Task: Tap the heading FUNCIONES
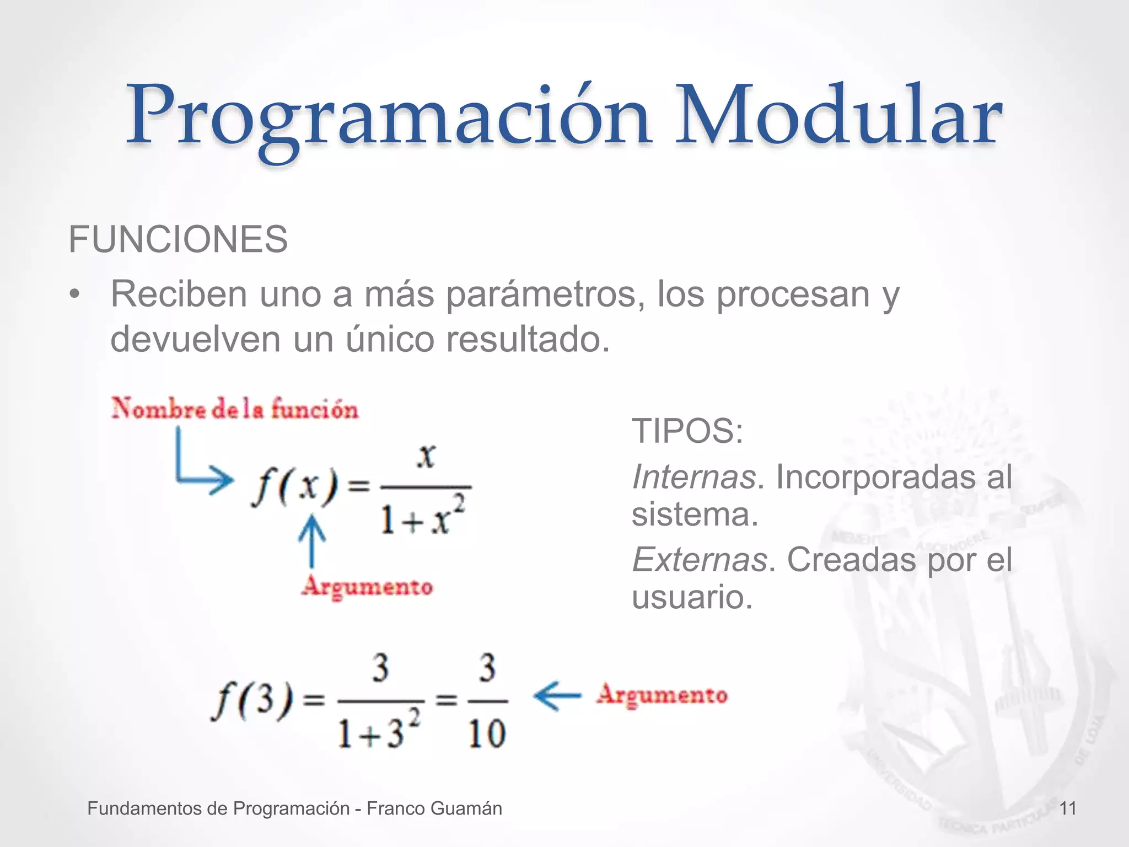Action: [x=178, y=240]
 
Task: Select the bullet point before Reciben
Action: [x=75, y=295]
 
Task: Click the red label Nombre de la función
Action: [x=235, y=409]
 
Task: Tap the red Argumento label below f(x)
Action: [x=367, y=586]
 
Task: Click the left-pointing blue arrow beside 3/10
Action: [x=557, y=695]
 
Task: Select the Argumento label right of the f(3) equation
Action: [x=662, y=695]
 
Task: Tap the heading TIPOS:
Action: [x=687, y=431]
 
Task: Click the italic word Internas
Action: [x=693, y=477]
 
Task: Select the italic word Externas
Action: [x=699, y=560]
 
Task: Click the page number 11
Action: [x=1068, y=809]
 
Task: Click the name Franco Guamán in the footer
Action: [x=434, y=809]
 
